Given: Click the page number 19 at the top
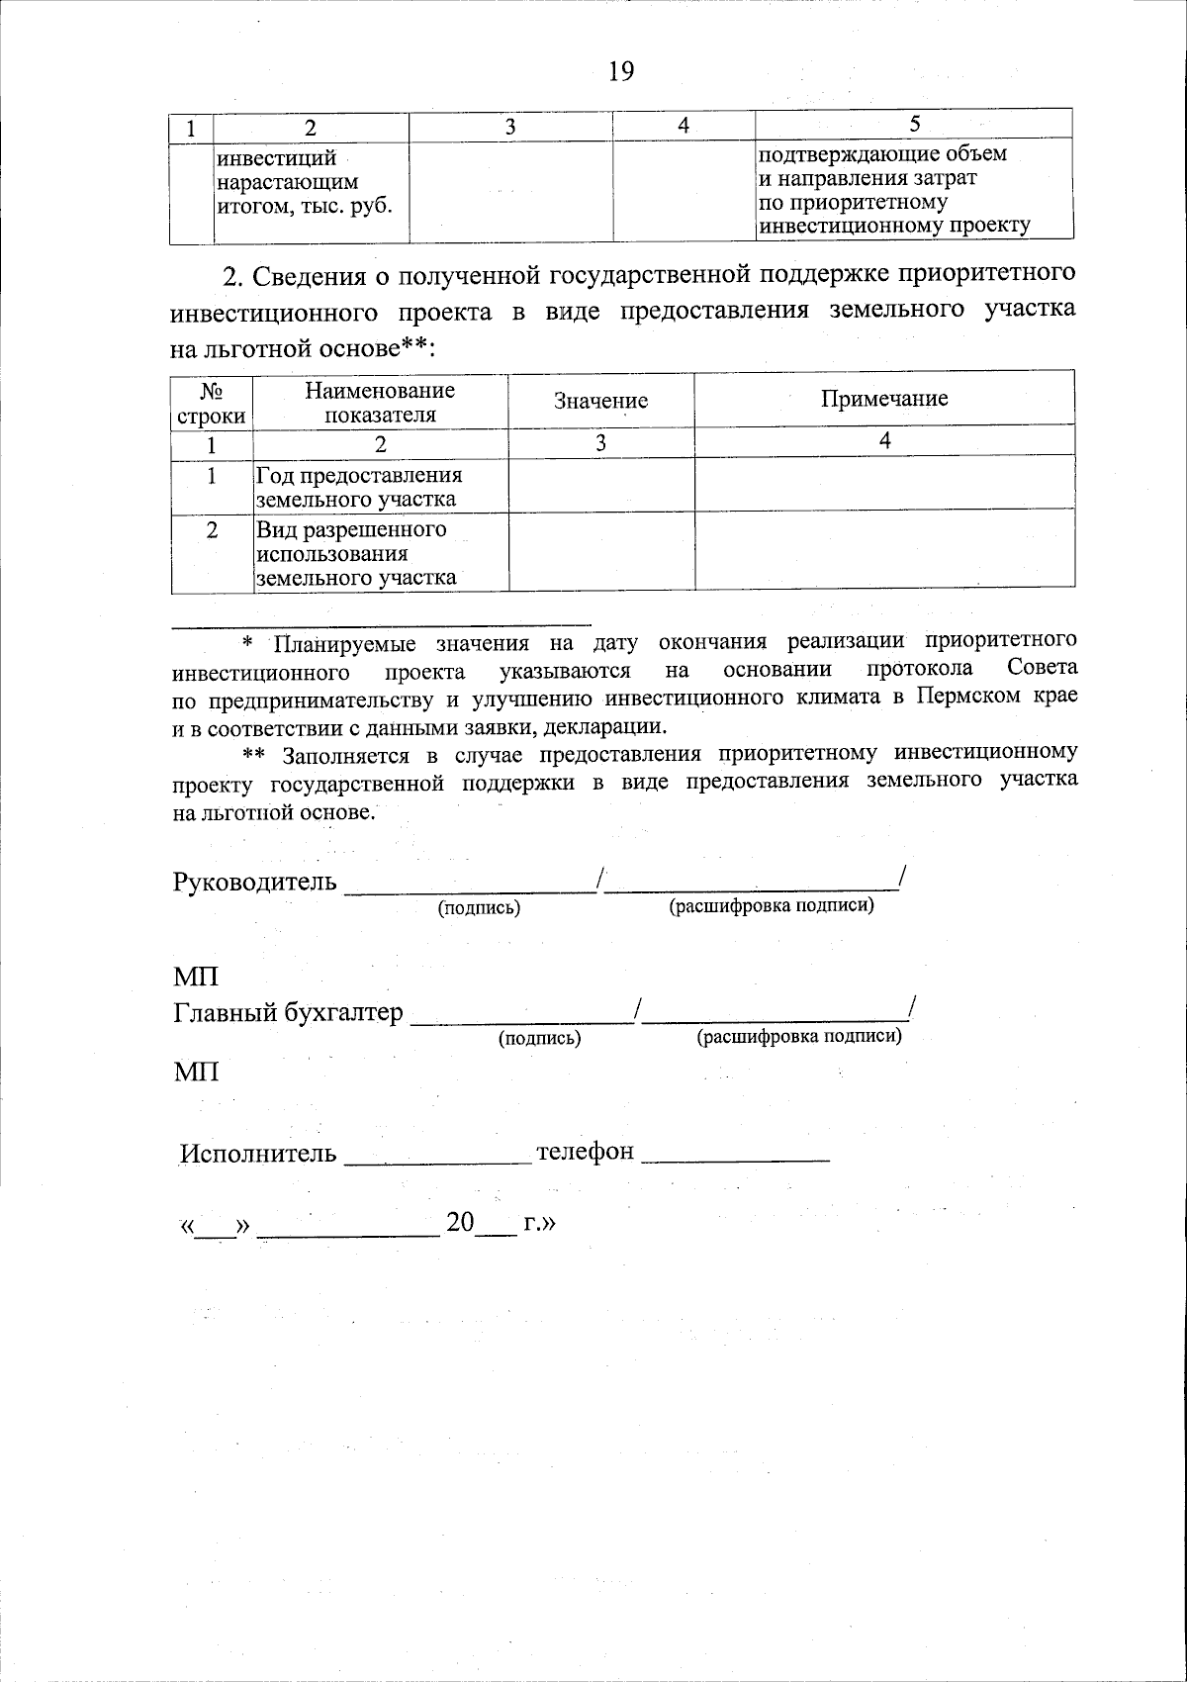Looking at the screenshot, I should click(x=620, y=71).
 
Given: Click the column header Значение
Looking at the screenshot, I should click(x=600, y=401).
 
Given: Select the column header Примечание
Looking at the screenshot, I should click(x=884, y=399).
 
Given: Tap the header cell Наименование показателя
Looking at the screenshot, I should click(x=380, y=402).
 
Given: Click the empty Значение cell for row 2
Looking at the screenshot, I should click(x=600, y=552).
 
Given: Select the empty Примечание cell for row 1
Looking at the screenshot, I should click(x=884, y=483).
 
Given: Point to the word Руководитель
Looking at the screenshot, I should click(x=254, y=882).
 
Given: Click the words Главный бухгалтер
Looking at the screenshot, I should click(x=289, y=1012).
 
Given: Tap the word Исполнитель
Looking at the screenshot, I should click(x=258, y=1154).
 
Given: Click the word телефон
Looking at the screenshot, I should click(x=584, y=1152).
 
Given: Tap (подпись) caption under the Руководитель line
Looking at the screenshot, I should click(x=479, y=907).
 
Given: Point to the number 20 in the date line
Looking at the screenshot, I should click(x=460, y=1223).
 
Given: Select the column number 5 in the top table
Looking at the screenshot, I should click(x=914, y=124).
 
